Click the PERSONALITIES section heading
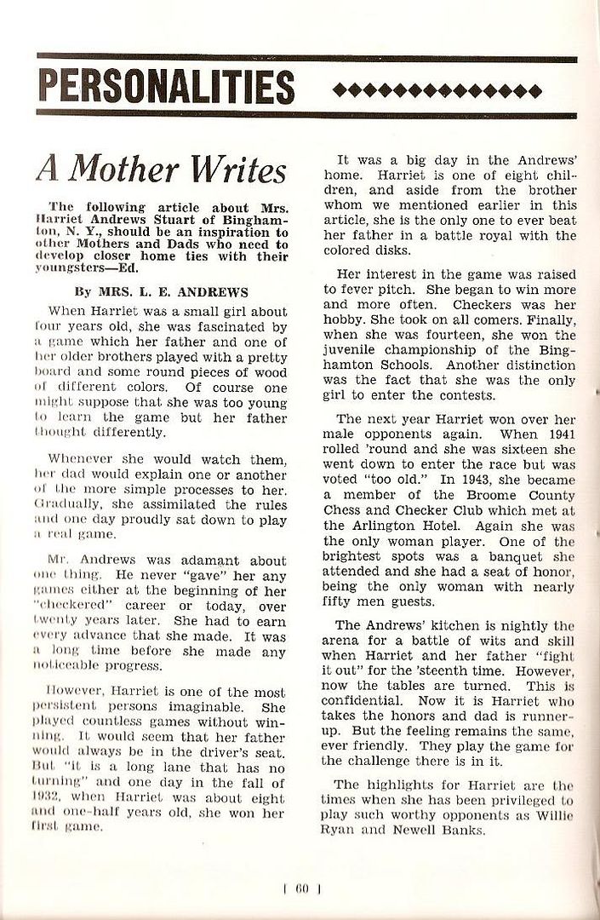(166, 87)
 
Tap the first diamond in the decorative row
(340, 90)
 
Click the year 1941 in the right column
(556, 434)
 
